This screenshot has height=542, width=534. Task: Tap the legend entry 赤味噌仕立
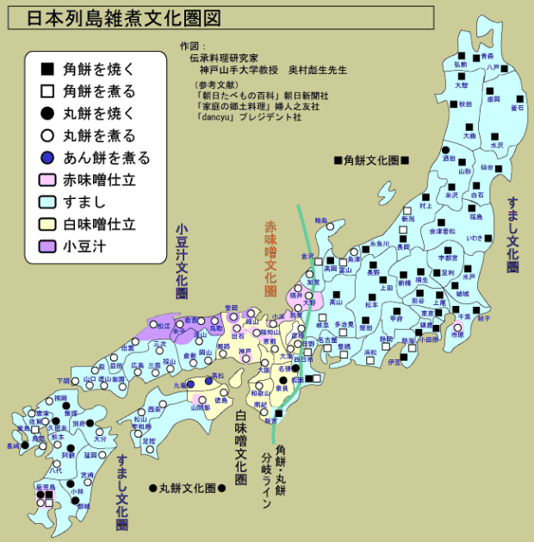coord(99,180)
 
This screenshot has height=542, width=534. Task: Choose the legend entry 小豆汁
coord(85,246)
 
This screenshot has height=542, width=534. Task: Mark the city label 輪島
coord(321,221)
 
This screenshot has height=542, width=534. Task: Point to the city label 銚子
coord(483,318)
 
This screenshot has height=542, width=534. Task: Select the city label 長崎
coord(12,446)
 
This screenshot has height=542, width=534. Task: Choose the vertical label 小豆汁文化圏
coord(181,263)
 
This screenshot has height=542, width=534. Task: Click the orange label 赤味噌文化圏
coord(270,259)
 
